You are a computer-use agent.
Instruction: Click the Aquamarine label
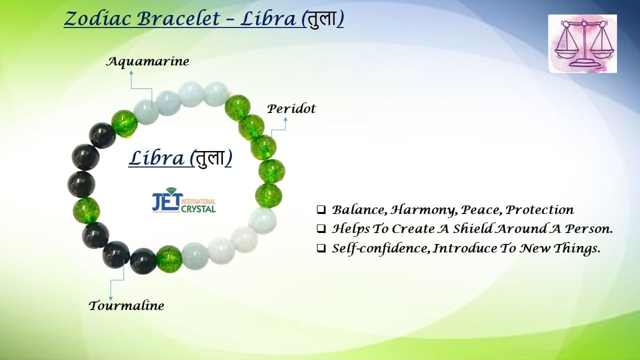[147, 62]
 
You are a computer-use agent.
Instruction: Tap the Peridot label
[291, 109]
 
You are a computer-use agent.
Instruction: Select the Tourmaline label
[126, 305]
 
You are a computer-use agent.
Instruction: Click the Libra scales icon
[582, 43]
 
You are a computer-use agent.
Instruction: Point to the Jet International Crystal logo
[183, 200]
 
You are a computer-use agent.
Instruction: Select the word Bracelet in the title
[178, 19]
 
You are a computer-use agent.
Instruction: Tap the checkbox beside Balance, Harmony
[321, 210]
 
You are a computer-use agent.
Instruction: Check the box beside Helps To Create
[321, 229]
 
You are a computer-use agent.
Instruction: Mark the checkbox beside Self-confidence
[321, 248]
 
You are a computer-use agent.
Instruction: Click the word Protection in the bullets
[539, 210]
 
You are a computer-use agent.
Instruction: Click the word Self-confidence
[381, 248]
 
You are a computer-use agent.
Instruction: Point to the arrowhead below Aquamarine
[131, 72]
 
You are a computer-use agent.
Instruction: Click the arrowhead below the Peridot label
[285, 119]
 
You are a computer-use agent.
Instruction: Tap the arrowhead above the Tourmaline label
[110, 298]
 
